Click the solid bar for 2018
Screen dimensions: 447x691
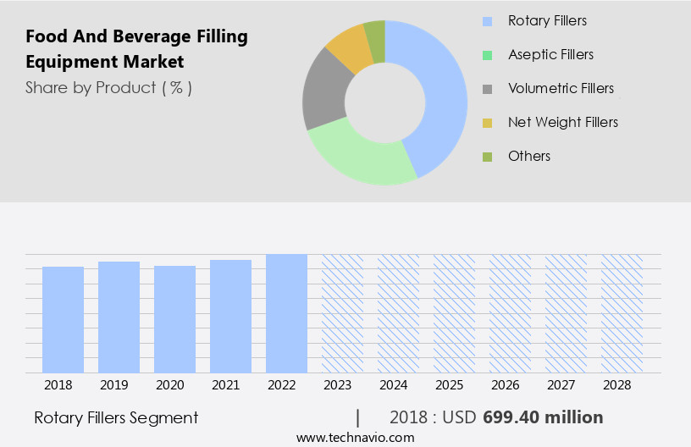pyautogui.click(x=64, y=319)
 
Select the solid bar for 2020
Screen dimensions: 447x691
pyautogui.click(x=175, y=319)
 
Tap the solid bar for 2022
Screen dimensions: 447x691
pyautogui.click(x=286, y=313)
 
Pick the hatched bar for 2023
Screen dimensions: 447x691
pyautogui.click(x=342, y=313)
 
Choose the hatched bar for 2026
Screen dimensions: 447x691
pyautogui.click(x=510, y=313)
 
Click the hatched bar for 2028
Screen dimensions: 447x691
pyautogui.click(x=622, y=313)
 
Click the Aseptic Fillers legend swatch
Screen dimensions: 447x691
pyautogui.click(x=487, y=55)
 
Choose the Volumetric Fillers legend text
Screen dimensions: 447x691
pyautogui.click(x=561, y=88)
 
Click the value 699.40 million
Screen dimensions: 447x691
pyautogui.click(x=543, y=417)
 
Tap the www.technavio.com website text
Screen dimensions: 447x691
pyautogui.click(x=355, y=437)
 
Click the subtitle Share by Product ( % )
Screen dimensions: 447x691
pyautogui.click(x=108, y=87)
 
